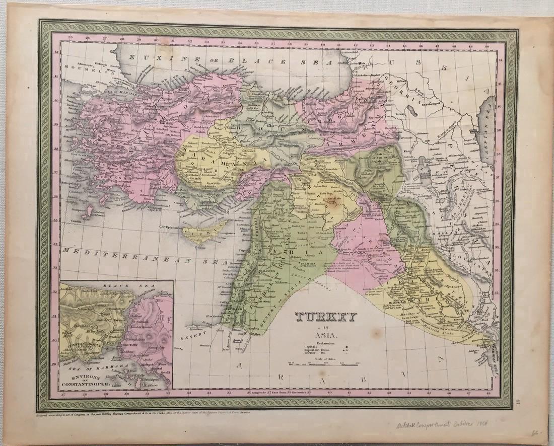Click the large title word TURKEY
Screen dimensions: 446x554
coord(326,318)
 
